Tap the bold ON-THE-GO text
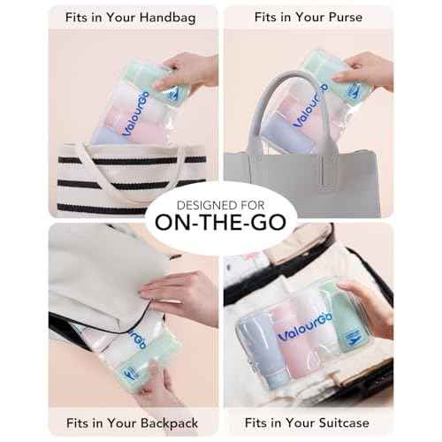pos(220,222)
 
